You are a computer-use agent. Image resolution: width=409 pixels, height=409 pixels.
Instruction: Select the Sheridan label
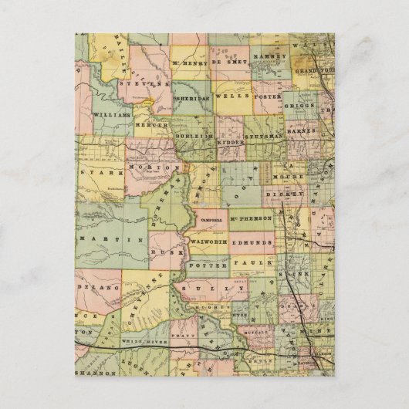(x=192, y=100)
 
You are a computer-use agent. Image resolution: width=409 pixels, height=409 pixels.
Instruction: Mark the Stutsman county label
(x=263, y=136)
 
